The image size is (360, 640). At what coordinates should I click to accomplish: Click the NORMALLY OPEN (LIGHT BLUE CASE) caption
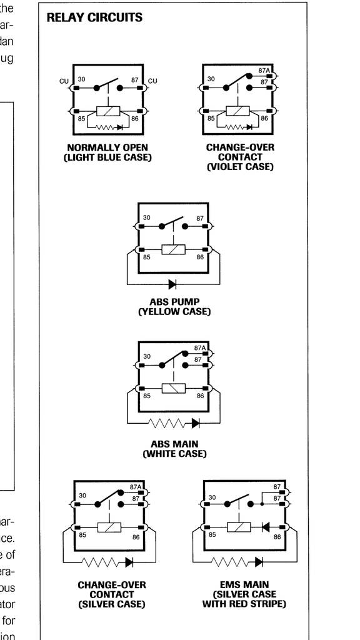pos(107,152)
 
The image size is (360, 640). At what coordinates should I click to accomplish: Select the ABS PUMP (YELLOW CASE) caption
pos(174,306)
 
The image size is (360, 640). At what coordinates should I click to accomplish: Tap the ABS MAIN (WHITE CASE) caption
pos(174,449)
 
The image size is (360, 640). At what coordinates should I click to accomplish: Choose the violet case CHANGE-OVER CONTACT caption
pos(240,157)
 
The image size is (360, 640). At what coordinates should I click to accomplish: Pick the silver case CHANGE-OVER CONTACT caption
pos(112,594)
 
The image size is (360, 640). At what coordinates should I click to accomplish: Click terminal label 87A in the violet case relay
pos(263,71)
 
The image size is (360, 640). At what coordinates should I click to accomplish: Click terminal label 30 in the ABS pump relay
pos(147,218)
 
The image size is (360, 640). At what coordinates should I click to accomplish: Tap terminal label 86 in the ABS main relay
pos(200,396)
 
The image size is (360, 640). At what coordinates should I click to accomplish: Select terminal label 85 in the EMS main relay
pos(212,535)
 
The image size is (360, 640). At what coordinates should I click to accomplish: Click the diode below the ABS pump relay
pos(172,284)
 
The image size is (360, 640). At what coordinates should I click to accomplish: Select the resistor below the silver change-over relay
pos(102,562)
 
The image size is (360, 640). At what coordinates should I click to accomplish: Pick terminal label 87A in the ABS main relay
pos(200,347)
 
